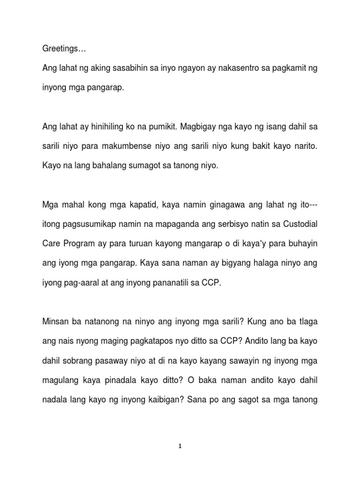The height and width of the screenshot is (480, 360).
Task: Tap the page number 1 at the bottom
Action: (180, 446)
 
